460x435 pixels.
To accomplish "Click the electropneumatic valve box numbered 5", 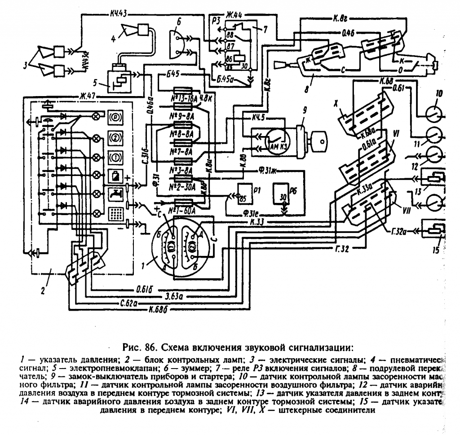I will point(119,79).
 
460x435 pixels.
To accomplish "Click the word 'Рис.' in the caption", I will point(130,347).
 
